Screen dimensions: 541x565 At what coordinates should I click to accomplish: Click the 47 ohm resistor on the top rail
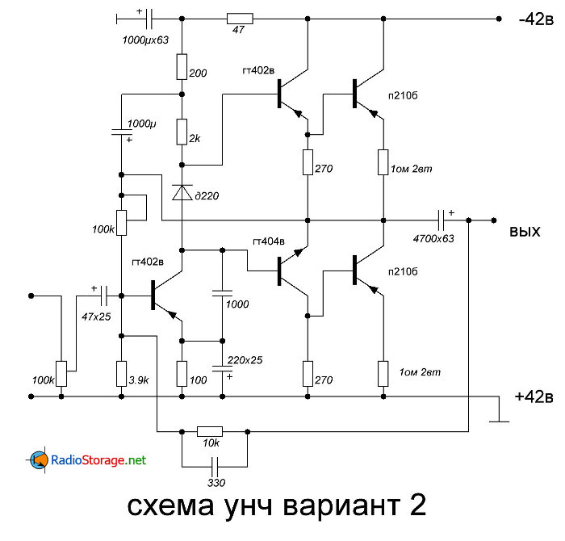(240, 18)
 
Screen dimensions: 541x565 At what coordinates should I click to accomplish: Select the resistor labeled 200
(182, 66)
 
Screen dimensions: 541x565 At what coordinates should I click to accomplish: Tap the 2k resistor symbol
(182, 130)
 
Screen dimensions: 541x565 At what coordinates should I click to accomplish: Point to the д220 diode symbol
(182, 192)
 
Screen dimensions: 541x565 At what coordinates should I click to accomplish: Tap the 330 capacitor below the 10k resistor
(214, 467)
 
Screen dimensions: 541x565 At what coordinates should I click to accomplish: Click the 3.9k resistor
(121, 373)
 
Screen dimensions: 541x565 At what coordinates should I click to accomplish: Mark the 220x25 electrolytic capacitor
(220, 367)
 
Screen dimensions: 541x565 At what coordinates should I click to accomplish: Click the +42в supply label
(534, 396)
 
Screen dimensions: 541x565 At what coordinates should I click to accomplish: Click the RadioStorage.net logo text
(98, 460)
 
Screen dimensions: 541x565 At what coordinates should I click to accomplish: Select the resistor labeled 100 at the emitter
(182, 373)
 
